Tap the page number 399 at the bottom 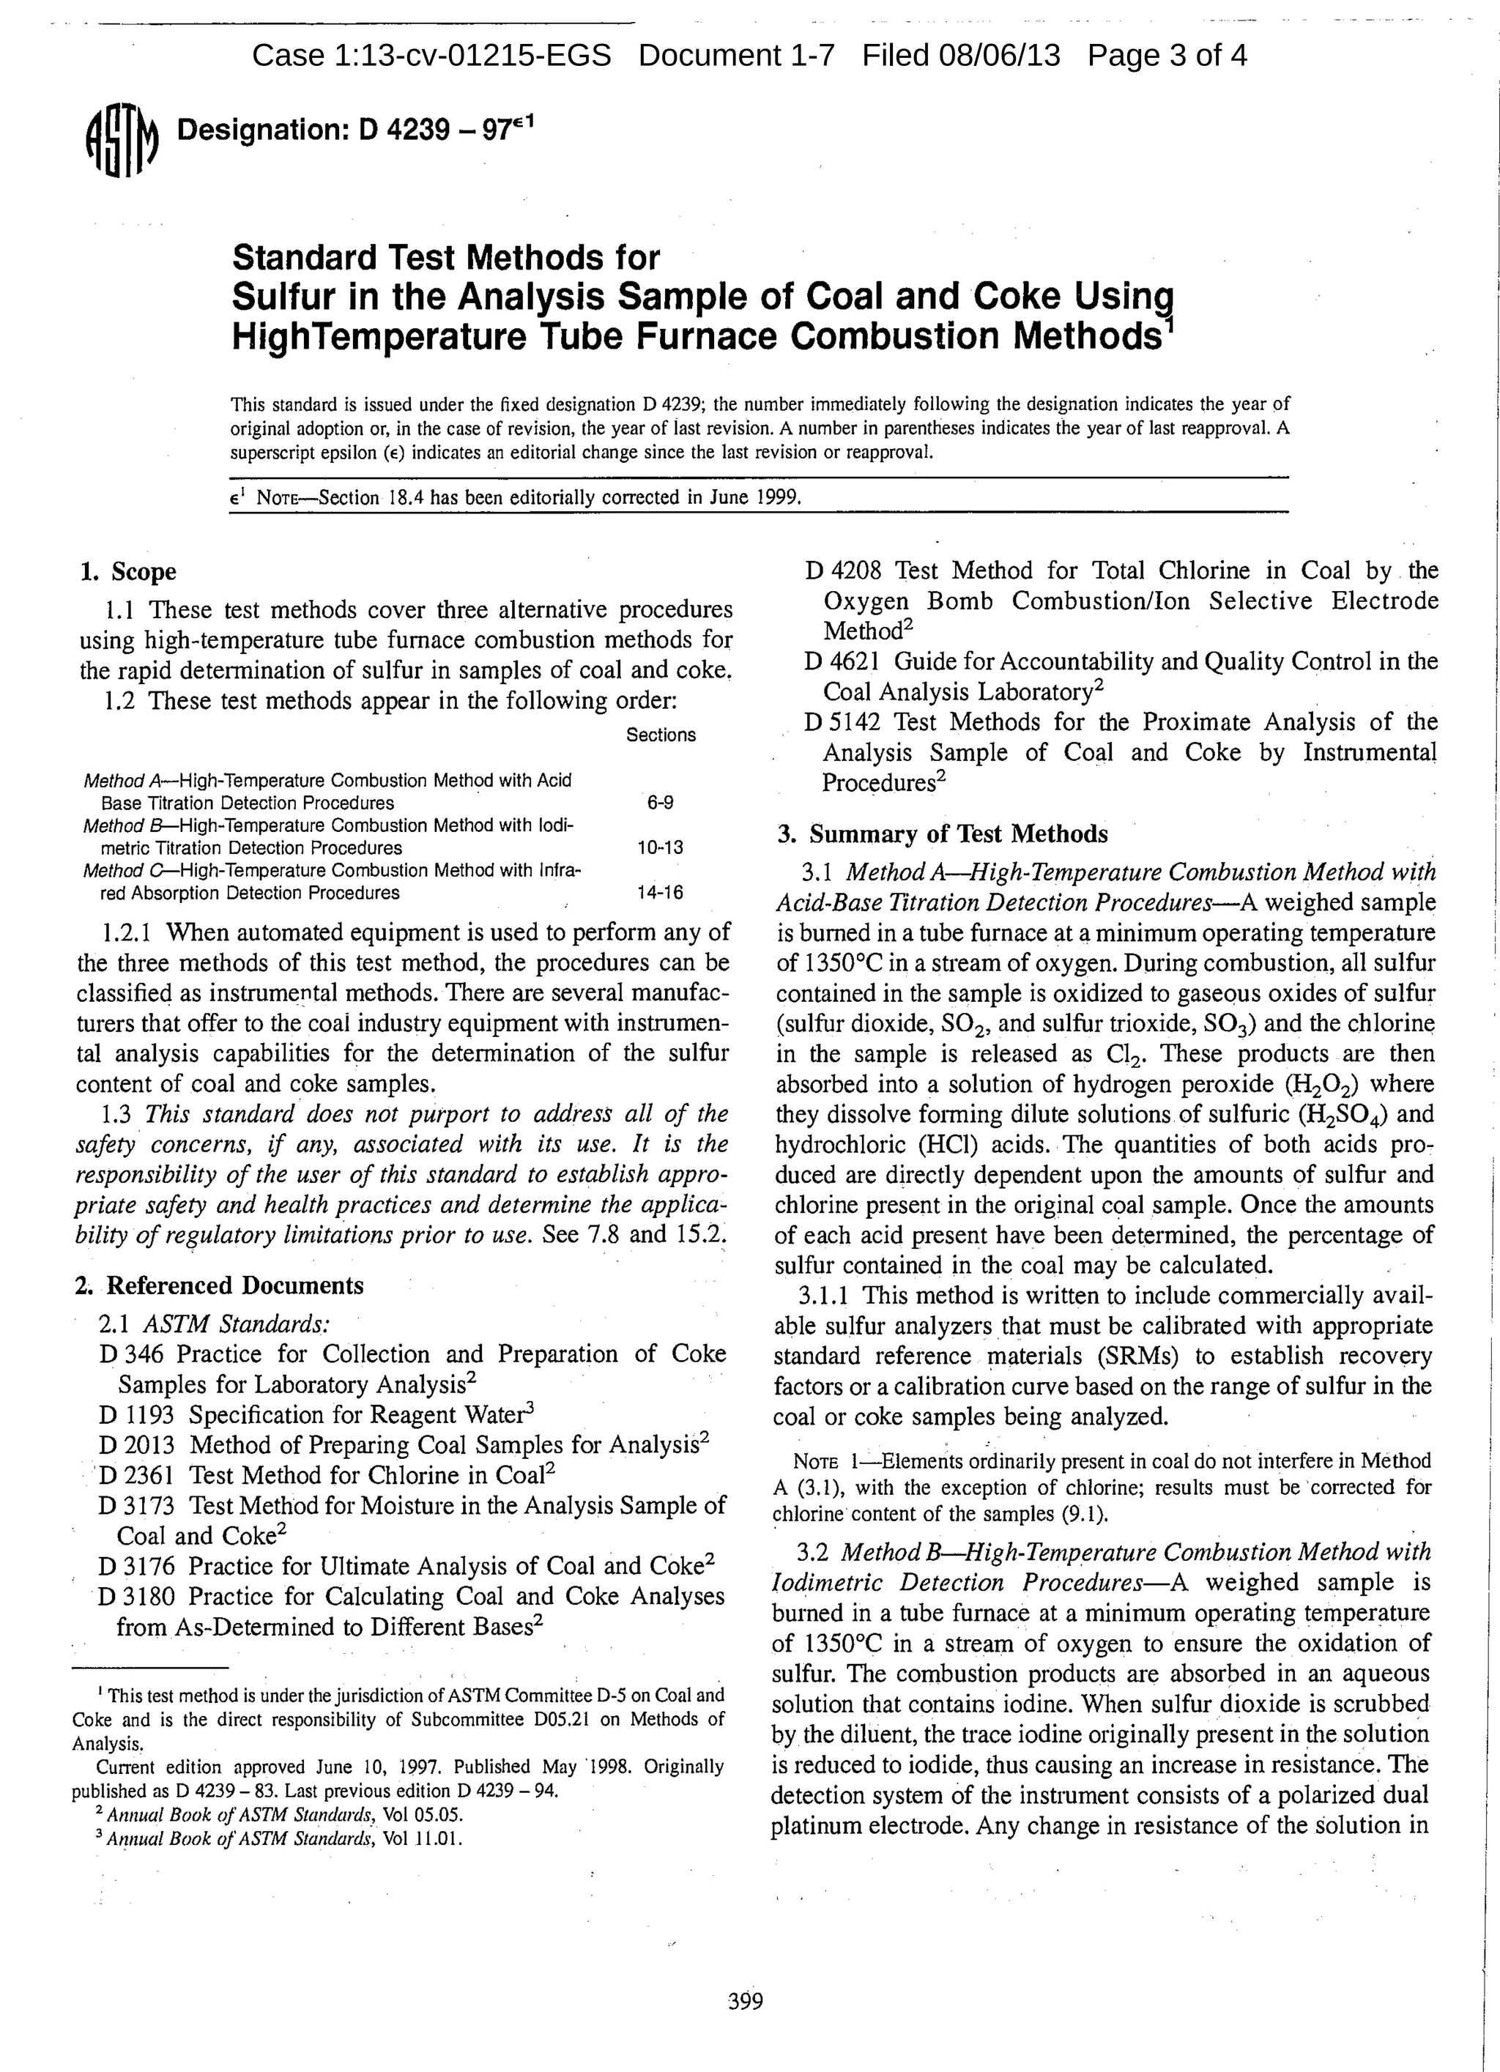[x=745, y=2002]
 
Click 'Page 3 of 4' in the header [x=1167, y=56]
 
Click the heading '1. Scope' [x=128, y=572]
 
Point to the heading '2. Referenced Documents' [x=219, y=1285]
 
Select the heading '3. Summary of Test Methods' [x=942, y=834]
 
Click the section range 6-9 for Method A [x=660, y=803]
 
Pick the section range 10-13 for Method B [x=660, y=848]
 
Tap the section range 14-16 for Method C [x=660, y=893]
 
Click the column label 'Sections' [x=661, y=735]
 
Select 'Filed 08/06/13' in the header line [x=961, y=56]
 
